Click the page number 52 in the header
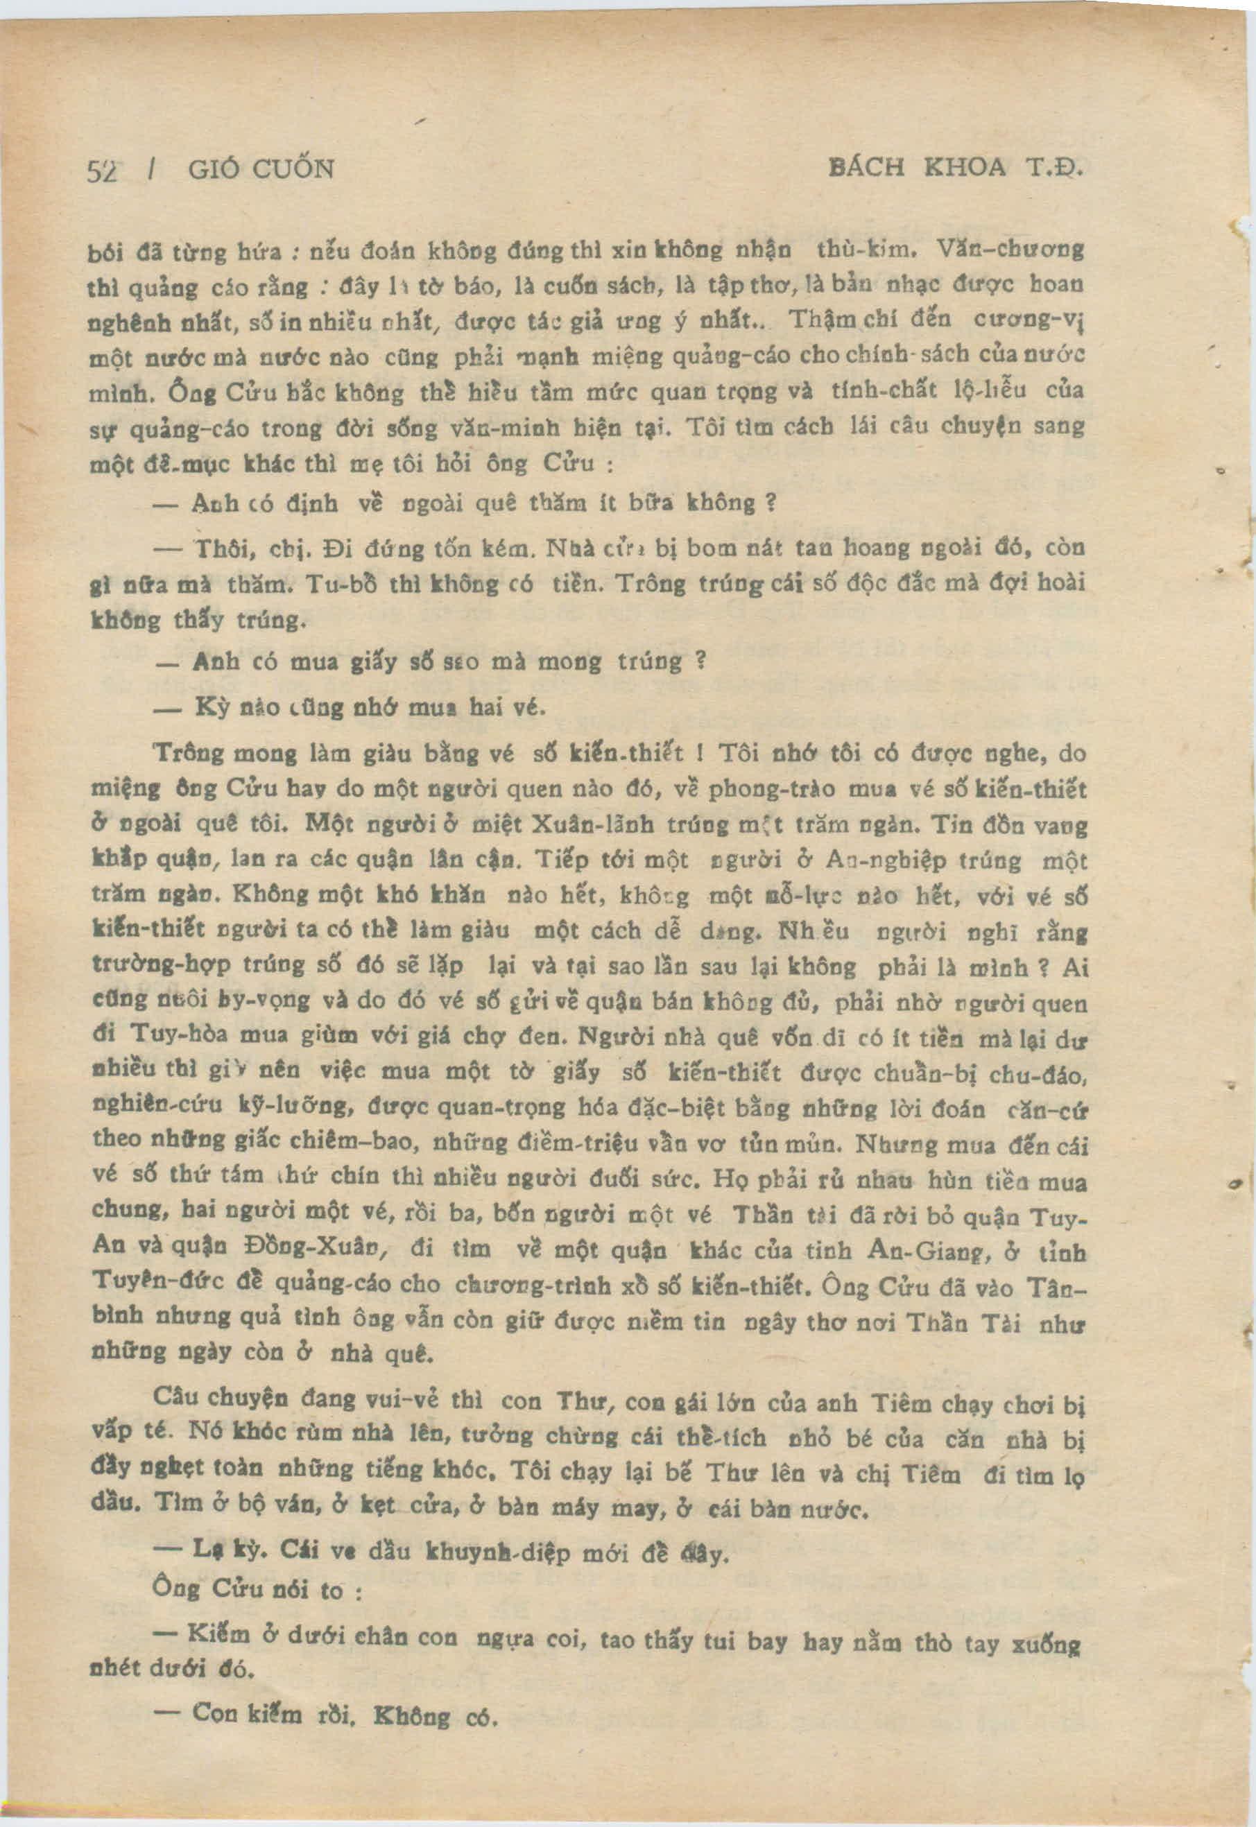click(103, 170)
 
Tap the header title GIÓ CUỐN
click(262, 169)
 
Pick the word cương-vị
click(1032, 320)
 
